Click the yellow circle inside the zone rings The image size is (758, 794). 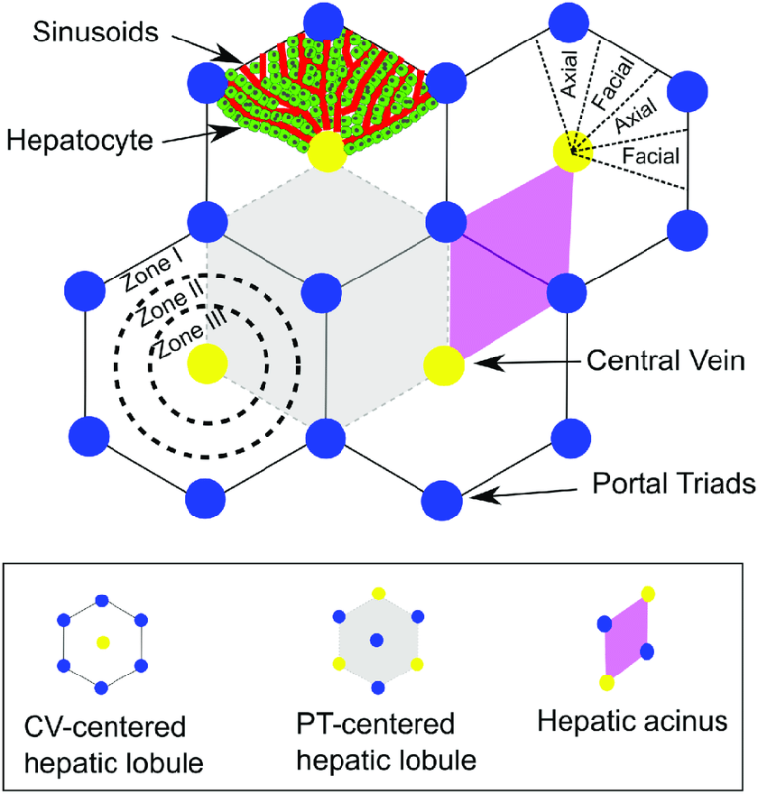pyautogui.click(x=207, y=362)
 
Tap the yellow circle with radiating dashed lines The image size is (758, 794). pyautogui.click(x=571, y=154)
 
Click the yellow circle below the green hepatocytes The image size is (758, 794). pyautogui.click(x=326, y=153)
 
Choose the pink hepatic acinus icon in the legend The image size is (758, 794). pyautogui.click(x=626, y=638)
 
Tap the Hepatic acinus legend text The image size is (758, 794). pyautogui.click(x=632, y=722)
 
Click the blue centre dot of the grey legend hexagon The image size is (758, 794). pyautogui.click(x=378, y=641)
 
